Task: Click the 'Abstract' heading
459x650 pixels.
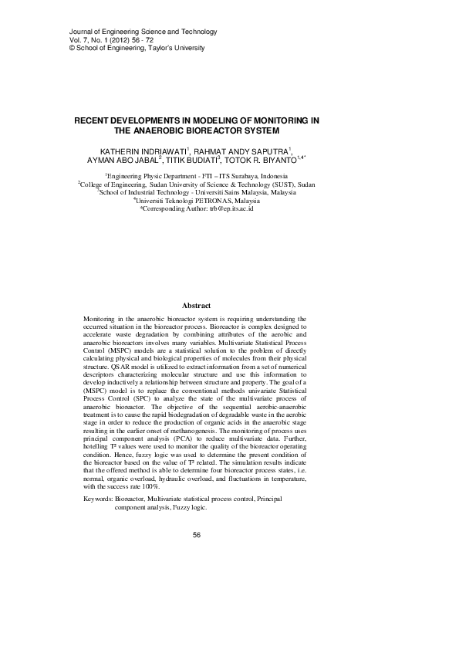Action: [x=195, y=306]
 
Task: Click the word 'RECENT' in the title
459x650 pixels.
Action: [x=94, y=121]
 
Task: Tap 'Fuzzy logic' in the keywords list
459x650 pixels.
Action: [x=187, y=509]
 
